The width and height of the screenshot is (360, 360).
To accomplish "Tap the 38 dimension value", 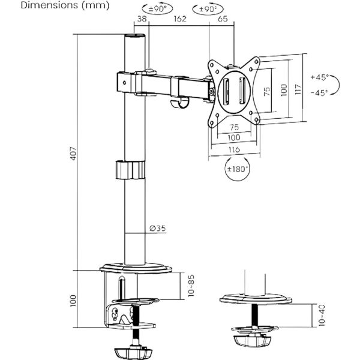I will coord(142,19).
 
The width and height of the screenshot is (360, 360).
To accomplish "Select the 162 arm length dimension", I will coord(179,19).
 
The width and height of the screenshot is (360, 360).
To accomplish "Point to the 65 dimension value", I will coord(221,19).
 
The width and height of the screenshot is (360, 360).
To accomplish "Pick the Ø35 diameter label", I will coord(157,229).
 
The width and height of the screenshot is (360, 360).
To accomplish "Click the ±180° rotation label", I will coord(238,169).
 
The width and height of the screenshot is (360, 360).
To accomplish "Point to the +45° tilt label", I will coord(320,77).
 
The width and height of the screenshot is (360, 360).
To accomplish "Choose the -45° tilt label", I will coord(320,93).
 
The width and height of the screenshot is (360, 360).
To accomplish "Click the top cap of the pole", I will coord(135,38).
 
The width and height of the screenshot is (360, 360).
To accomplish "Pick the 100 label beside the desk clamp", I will coord(72,300).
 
